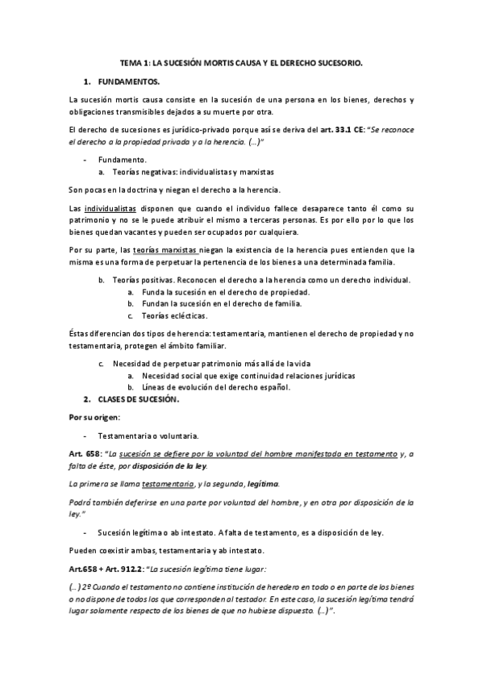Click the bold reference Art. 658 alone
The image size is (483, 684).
point(85,454)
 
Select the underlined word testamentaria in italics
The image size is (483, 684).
point(168,483)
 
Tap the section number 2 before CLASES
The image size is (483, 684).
point(87,399)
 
